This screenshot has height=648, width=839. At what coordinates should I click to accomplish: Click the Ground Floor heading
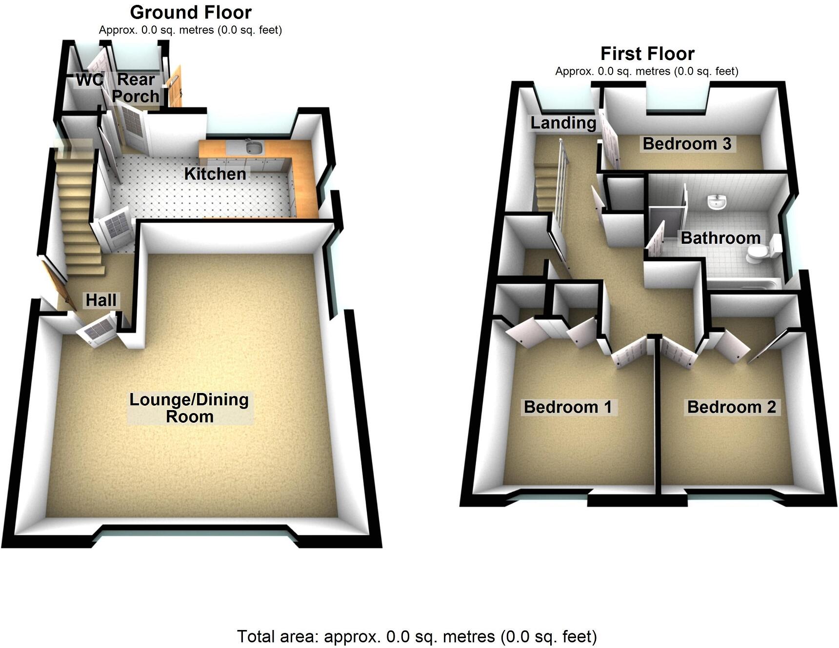(x=191, y=12)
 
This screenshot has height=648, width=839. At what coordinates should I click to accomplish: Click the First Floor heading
(x=647, y=54)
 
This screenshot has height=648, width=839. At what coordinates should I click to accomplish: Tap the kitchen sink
(x=254, y=147)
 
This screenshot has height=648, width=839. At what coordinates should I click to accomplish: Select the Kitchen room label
(x=215, y=174)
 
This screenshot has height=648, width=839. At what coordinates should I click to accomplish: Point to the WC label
(x=90, y=79)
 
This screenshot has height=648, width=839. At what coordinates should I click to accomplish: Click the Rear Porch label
(x=136, y=88)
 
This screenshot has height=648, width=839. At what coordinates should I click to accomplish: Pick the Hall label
(x=101, y=300)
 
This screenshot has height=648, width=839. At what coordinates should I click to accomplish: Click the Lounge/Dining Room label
(x=189, y=408)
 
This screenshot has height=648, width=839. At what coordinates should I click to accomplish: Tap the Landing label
(x=563, y=123)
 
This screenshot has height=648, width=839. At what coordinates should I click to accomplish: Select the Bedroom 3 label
(x=687, y=144)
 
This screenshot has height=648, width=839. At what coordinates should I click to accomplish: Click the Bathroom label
(x=720, y=238)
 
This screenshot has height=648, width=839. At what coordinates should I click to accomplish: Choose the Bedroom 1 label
(x=568, y=407)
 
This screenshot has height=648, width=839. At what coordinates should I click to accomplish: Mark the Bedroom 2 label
(x=731, y=407)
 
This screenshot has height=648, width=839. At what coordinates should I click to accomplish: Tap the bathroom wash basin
(x=717, y=202)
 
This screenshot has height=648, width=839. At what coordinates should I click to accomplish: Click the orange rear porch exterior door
(x=175, y=88)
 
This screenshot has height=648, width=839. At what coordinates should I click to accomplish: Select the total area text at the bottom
(x=417, y=636)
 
